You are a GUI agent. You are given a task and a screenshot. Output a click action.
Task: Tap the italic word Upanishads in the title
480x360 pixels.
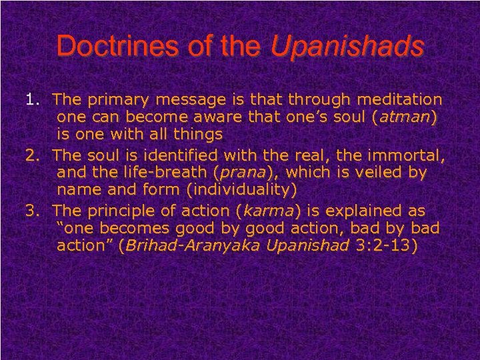click(347, 46)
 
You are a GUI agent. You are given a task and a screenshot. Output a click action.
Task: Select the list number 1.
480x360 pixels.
click(31, 100)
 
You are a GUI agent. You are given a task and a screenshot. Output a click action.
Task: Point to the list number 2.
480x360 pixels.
click(31, 155)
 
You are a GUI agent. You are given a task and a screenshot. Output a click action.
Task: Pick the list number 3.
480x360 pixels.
click(31, 211)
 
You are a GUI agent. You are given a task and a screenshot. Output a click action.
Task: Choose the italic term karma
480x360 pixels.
click(268, 211)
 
